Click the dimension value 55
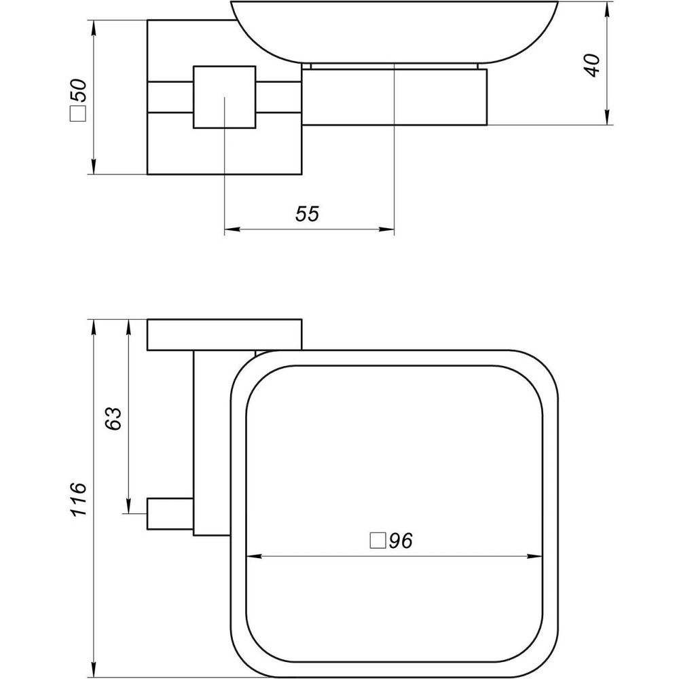pos(307,214)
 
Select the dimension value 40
pos(593,65)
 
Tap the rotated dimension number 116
pos(79,498)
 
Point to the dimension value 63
pos(113,418)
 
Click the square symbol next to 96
pos(377,541)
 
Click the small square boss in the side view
pos(224,96)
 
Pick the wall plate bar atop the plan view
pos(223,334)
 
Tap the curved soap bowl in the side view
pos(394,31)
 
